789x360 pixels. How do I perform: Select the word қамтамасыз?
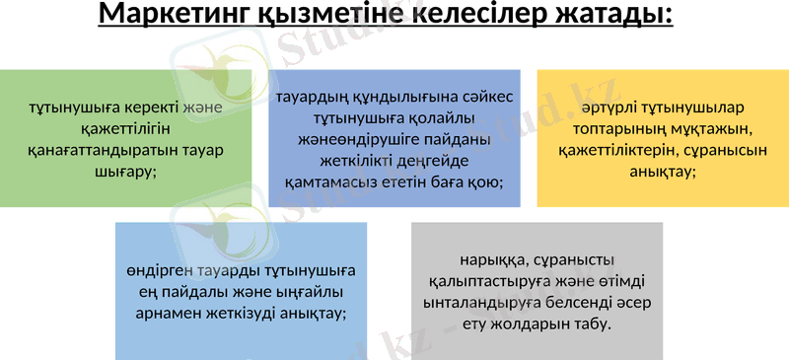pos(325,181)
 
